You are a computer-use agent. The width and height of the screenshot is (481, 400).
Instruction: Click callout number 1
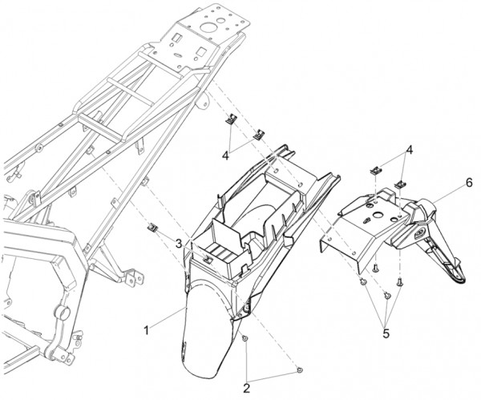coord(147,331)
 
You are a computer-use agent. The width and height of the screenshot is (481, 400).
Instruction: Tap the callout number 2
coord(247,388)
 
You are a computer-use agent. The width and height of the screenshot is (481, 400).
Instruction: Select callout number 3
coord(179,236)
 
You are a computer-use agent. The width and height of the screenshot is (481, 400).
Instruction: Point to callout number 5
coord(386,333)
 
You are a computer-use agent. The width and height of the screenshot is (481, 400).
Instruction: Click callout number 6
coord(469,183)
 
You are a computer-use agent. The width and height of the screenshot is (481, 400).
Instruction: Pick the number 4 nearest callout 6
coord(409,151)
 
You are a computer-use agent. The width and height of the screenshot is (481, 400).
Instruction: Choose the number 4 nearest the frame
coord(225,156)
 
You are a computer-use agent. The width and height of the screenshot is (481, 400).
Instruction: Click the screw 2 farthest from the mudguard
coord(300,370)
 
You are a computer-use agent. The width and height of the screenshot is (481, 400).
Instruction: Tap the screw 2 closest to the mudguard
coord(245,338)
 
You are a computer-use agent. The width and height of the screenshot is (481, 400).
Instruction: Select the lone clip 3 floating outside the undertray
coord(152,228)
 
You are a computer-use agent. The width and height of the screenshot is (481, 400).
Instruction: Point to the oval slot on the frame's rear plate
coord(177,55)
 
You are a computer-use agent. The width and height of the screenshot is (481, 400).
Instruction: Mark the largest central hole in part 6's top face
coord(376,214)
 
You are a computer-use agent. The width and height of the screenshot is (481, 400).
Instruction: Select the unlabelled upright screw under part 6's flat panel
coord(375,269)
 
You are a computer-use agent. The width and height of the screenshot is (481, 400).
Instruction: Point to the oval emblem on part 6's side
coord(418,236)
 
